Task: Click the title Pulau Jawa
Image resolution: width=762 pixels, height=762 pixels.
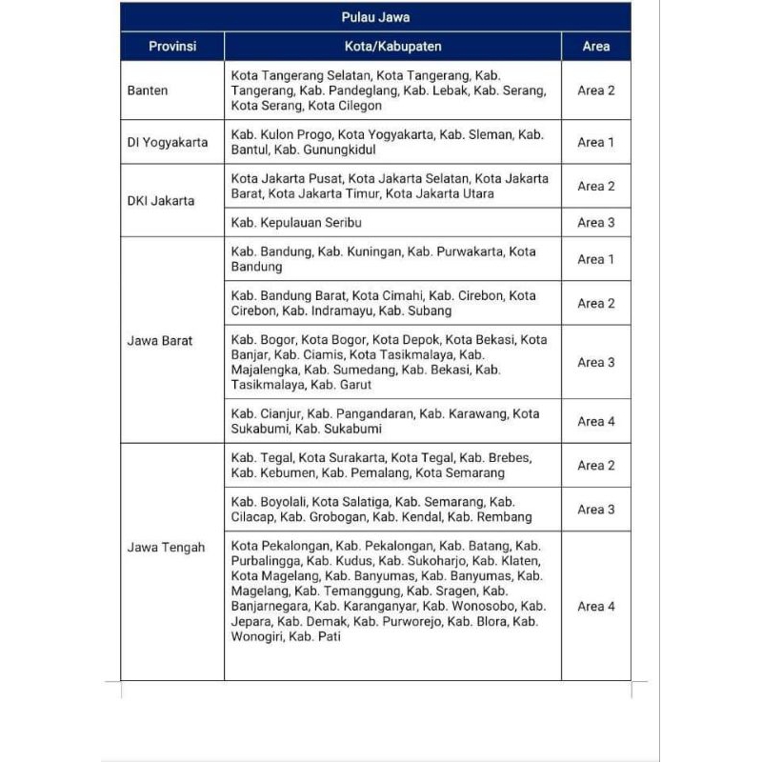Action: (375, 17)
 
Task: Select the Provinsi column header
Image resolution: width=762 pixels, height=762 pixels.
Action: (172, 46)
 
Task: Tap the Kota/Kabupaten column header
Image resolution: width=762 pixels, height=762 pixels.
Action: (392, 46)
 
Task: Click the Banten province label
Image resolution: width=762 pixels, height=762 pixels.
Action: (148, 90)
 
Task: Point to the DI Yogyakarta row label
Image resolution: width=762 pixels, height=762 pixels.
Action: (167, 143)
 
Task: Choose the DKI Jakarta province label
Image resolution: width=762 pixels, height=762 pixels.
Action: (160, 201)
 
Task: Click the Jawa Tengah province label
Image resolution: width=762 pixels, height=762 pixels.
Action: (166, 548)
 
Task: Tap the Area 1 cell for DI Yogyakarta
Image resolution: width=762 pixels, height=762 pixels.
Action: (596, 143)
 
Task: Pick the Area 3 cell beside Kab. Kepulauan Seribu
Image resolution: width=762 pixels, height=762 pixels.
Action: (596, 223)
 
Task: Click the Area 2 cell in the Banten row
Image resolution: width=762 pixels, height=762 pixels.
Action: (596, 90)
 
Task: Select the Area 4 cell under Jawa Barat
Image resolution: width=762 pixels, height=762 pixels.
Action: (596, 421)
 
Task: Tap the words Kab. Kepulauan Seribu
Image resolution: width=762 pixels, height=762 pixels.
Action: (296, 223)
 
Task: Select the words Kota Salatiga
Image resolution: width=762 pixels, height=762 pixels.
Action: (351, 502)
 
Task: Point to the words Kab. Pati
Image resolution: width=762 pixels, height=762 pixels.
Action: (314, 636)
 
